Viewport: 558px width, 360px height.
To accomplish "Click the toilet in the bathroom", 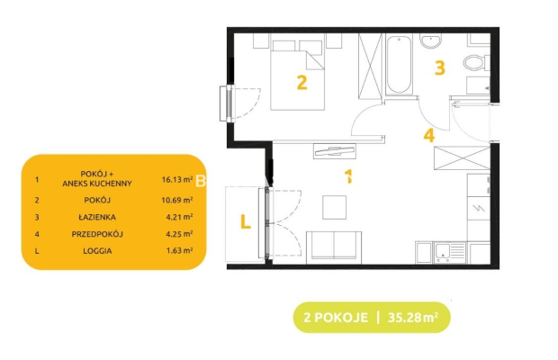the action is pos(476,63).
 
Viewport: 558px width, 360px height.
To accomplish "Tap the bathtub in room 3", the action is pos(399,65).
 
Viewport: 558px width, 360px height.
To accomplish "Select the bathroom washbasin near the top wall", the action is pos(430,40).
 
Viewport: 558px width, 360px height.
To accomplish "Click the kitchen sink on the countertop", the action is pos(449,252).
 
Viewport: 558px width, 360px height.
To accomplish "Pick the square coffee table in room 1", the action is pos(334,207).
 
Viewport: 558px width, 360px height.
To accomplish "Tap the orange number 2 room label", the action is pos(301,83).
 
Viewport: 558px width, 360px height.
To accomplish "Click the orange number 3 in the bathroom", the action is pos(440,67).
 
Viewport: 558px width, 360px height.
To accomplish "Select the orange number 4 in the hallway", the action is pos(429,135).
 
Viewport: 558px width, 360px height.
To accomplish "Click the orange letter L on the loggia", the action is pos(246,221).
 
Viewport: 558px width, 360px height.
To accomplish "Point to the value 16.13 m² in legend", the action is pos(177,179).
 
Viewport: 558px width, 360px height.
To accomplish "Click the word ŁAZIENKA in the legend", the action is pos(97,217).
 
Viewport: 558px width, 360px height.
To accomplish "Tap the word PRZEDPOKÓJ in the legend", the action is pos(97,234).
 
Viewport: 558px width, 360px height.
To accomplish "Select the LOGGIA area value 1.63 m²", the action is pos(179,250).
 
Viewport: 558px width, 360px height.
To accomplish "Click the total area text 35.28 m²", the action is pos(413,317).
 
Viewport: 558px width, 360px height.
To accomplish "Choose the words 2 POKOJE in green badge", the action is pos(336,317).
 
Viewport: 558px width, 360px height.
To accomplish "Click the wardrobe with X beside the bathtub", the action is pos(370,65).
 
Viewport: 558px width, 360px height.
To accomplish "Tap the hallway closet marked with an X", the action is pos(462,157).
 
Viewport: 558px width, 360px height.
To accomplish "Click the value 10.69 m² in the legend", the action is pos(177,200).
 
